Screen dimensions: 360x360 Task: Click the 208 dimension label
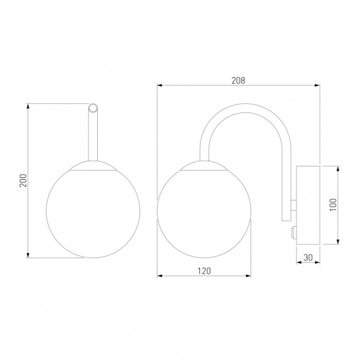(x=238, y=80)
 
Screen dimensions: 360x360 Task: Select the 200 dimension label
(x=23, y=180)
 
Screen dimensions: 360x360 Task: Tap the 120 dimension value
(x=204, y=271)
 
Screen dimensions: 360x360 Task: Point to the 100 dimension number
(x=333, y=205)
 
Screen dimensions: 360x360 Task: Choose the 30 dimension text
(x=308, y=257)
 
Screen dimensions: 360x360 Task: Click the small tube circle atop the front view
(x=93, y=108)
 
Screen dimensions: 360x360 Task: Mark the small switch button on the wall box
(x=293, y=233)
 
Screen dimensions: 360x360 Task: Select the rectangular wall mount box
(x=308, y=205)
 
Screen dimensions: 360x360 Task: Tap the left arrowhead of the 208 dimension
(x=160, y=86)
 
